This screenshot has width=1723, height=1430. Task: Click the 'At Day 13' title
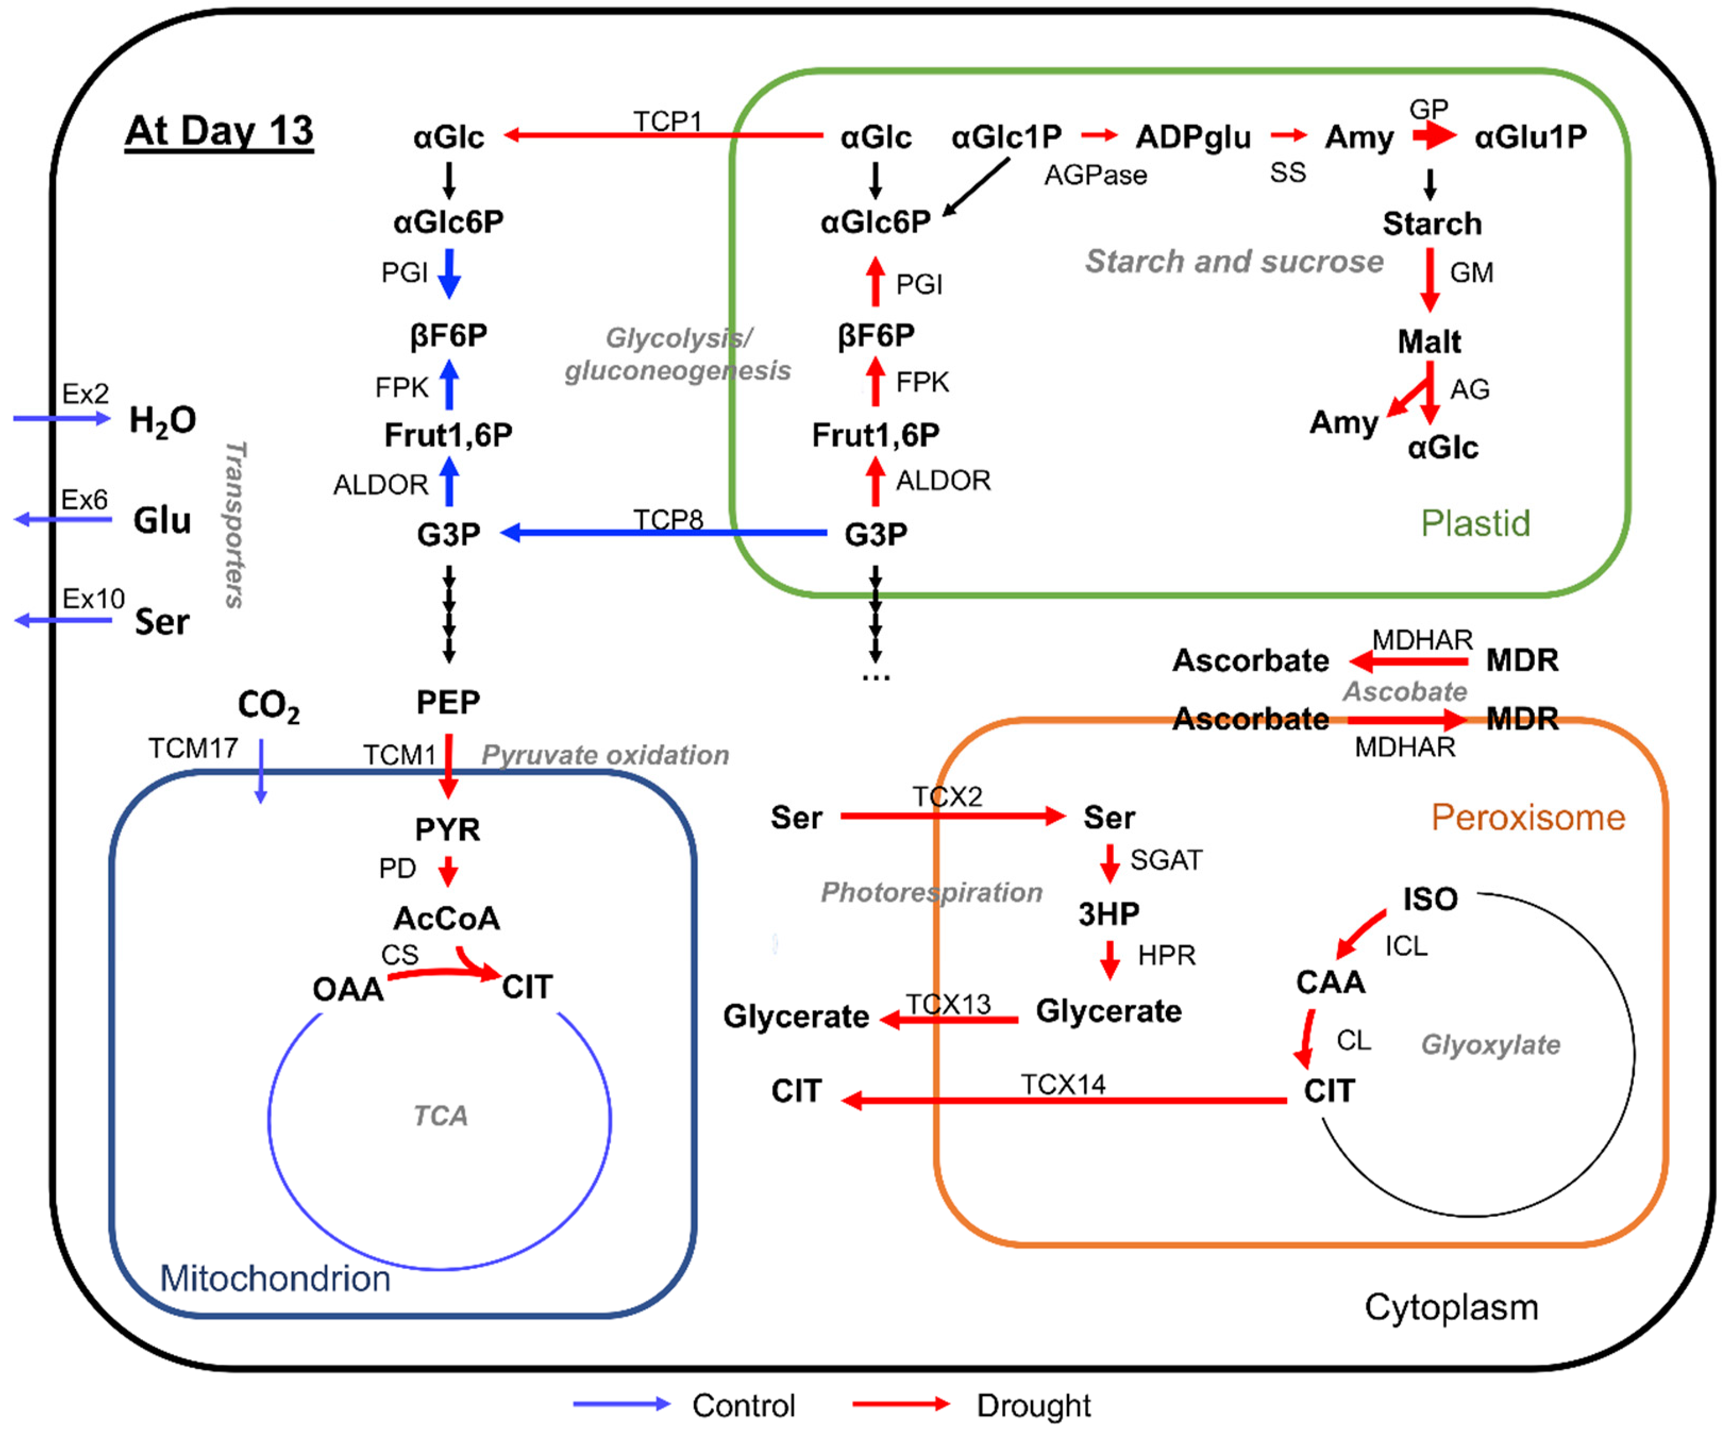219,131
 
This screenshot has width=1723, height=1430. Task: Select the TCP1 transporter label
667,121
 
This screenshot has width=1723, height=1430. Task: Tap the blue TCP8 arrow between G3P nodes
665,533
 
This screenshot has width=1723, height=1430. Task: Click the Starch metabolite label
1432,223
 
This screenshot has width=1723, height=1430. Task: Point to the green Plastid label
1475,523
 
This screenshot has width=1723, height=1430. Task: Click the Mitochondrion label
275,1278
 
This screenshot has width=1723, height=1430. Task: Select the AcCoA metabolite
447,918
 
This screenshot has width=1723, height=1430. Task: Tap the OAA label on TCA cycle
348,989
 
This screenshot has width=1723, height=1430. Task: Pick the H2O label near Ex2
163,420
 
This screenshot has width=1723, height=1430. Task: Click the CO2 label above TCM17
268,705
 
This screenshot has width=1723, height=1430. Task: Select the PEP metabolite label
448,702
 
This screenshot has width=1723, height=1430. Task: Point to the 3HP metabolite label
1108,913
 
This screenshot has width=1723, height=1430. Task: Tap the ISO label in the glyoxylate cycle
1430,899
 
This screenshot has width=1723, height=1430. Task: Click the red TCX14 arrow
1066,1100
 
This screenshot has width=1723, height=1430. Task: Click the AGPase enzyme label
1095,175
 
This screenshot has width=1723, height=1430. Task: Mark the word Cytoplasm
1451,1307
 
